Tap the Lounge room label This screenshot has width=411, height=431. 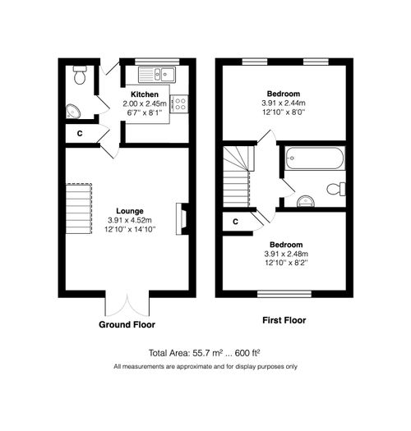click(x=130, y=210)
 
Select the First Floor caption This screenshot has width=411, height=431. click(x=284, y=319)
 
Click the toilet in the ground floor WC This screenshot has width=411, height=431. click(x=80, y=76)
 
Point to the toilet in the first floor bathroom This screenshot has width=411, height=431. click(x=336, y=189)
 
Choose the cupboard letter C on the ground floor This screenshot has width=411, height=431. click(x=80, y=133)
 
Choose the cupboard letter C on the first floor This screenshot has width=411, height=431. click(x=235, y=221)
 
